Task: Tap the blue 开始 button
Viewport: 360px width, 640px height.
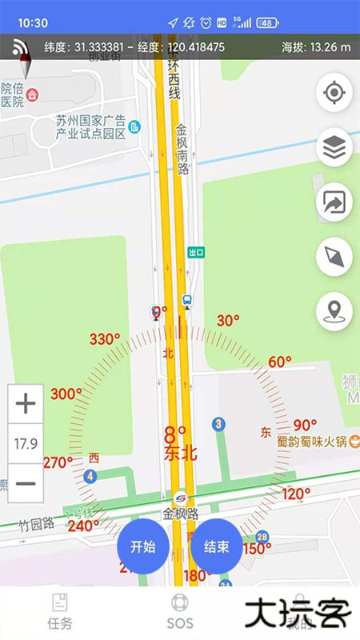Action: pyautogui.click(x=142, y=547)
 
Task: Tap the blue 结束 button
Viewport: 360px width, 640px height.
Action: pyautogui.click(x=217, y=547)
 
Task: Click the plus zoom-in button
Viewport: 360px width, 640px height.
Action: pyautogui.click(x=26, y=403)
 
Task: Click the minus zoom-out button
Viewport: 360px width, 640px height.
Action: pyautogui.click(x=26, y=483)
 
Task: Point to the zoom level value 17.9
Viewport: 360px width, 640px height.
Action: pyautogui.click(x=26, y=443)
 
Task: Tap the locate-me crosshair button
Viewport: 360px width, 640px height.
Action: pyautogui.click(x=334, y=94)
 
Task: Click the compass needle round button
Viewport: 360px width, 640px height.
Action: pyautogui.click(x=334, y=257)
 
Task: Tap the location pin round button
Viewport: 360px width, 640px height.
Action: pyautogui.click(x=334, y=310)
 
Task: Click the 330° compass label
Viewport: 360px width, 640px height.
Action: pyautogui.click(x=104, y=339)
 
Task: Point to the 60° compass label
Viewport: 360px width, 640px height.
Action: pyautogui.click(x=279, y=362)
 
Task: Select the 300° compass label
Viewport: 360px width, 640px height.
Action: pyautogui.click(x=66, y=394)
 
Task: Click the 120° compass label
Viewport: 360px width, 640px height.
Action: pyautogui.click(x=296, y=494)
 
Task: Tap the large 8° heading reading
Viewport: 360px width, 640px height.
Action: pyautogui.click(x=175, y=436)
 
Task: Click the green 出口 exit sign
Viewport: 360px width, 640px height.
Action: pyautogui.click(x=196, y=252)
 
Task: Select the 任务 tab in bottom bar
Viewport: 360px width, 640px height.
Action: pyautogui.click(x=60, y=623)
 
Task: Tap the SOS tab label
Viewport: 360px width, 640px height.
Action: pyautogui.click(x=180, y=623)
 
